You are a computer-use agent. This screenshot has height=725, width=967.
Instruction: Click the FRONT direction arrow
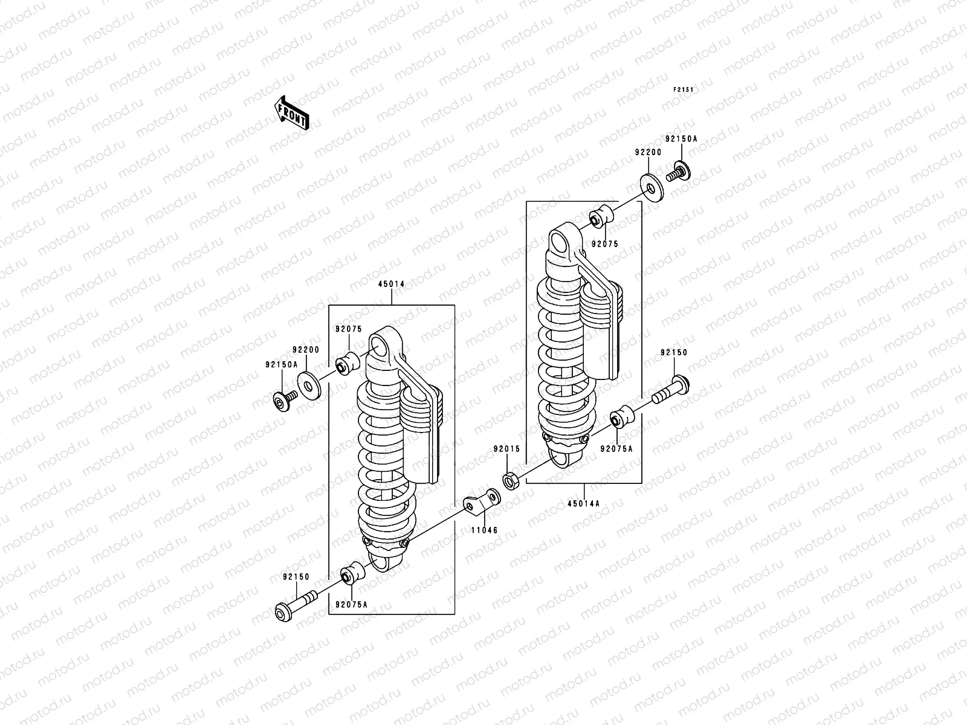point(292,113)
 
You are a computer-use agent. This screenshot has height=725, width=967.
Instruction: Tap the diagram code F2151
point(684,90)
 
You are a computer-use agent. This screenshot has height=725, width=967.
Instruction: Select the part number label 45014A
point(584,504)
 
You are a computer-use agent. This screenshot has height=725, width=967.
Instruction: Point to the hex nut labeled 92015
point(509,481)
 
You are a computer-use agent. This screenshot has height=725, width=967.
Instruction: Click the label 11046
point(485,530)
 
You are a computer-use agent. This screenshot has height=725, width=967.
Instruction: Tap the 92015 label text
point(506,449)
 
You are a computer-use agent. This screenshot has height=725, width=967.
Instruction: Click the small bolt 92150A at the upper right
point(679,170)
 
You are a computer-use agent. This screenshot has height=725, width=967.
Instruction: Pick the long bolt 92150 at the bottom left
point(296,605)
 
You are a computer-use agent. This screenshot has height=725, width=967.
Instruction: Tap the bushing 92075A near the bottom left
point(351,575)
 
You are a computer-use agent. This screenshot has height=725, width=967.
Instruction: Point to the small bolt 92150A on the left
point(283,401)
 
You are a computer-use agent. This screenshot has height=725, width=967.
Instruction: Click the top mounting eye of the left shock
point(380,347)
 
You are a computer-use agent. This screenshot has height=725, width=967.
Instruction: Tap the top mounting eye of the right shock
point(561,242)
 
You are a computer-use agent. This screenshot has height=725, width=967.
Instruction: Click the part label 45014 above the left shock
point(392,284)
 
